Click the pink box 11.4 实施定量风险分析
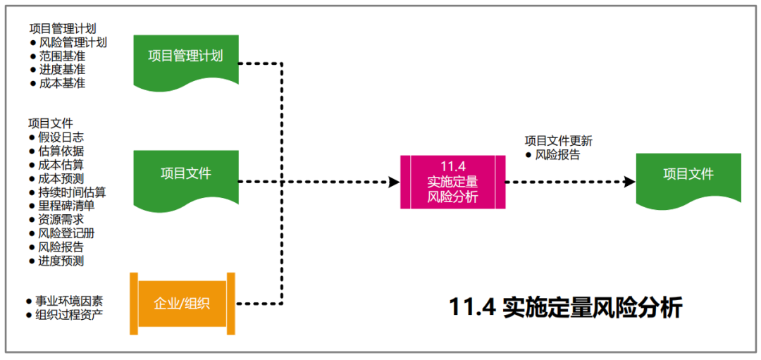452,181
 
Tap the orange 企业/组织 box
182,304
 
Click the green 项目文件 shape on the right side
688,175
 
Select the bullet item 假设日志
61,137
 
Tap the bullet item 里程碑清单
66,206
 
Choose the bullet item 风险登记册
66,233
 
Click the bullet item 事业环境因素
69,301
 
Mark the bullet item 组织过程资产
69,314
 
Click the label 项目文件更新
558,141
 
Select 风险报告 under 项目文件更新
557,155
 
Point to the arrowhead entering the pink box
395,182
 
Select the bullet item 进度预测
61,261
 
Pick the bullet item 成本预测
61,178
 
